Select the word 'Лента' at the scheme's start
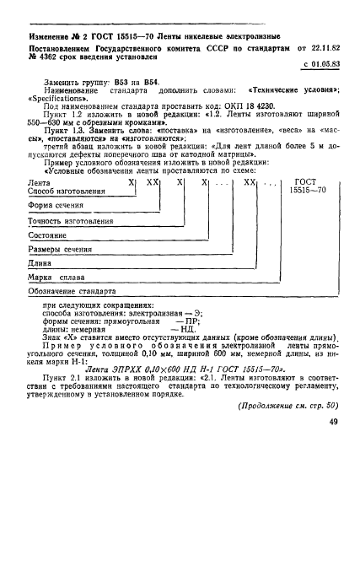40,205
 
